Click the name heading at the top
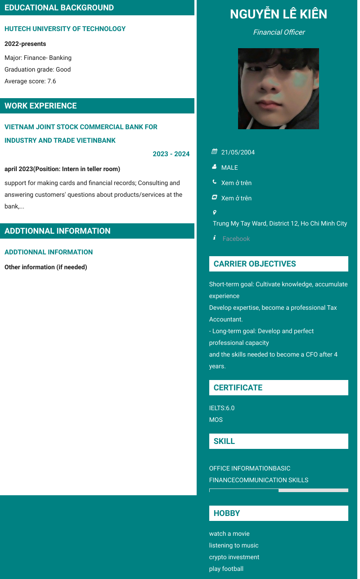[x=279, y=14]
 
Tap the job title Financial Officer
[x=279, y=32]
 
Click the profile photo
[x=279, y=89]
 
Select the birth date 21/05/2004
[x=238, y=152]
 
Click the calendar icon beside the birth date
[x=215, y=152]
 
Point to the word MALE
[x=229, y=167]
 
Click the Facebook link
[x=236, y=239]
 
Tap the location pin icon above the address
[x=215, y=212]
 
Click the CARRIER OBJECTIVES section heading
[x=255, y=264]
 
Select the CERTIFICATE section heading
[x=238, y=388]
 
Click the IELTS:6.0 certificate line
[x=222, y=408]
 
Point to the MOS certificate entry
[x=216, y=420]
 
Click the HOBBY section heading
[x=227, y=513]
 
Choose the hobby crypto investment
[x=234, y=557]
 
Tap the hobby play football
[x=226, y=569]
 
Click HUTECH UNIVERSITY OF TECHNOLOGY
[x=65, y=29]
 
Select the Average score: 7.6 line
[x=30, y=81]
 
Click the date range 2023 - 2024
[x=171, y=154]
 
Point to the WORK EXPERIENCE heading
[x=40, y=106]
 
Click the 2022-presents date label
[x=25, y=44]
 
